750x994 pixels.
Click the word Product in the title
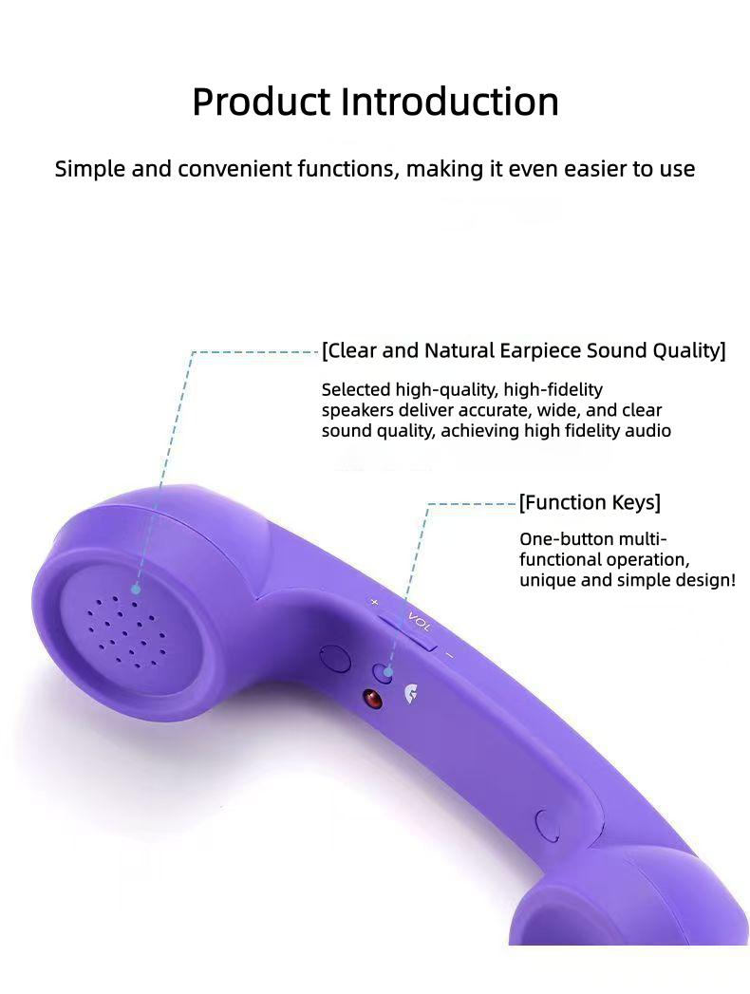[261, 103]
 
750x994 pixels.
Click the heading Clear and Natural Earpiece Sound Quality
[523, 351]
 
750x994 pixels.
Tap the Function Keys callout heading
[590, 502]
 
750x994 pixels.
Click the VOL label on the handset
[419, 622]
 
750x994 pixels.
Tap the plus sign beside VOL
[374, 602]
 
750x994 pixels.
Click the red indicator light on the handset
[371, 700]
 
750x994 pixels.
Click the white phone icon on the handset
[412, 694]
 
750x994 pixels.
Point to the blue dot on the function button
[387, 672]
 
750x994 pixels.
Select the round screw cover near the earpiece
[334, 658]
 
